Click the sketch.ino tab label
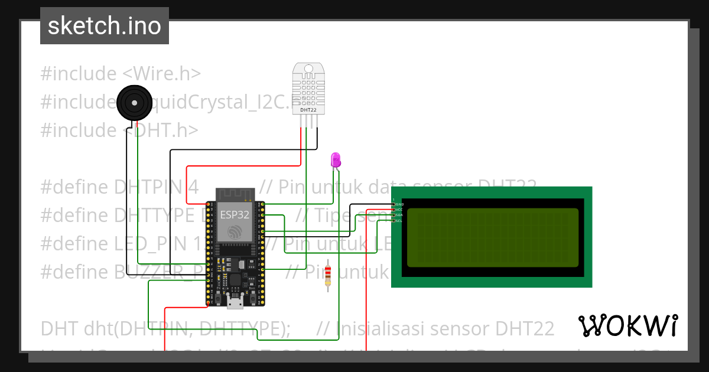tap(105, 26)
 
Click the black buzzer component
tap(135, 103)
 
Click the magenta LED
tap(336, 159)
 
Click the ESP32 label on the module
tap(235, 215)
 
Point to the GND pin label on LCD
tap(399, 204)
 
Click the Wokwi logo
tap(627, 325)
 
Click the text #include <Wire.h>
tap(121, 74)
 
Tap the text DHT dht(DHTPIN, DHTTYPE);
tap(165, 328)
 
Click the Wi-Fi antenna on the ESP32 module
tap(235, 195)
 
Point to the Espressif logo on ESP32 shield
tap(235, 231)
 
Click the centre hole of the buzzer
tap(135, 103)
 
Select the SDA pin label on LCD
tap(399, 216)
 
